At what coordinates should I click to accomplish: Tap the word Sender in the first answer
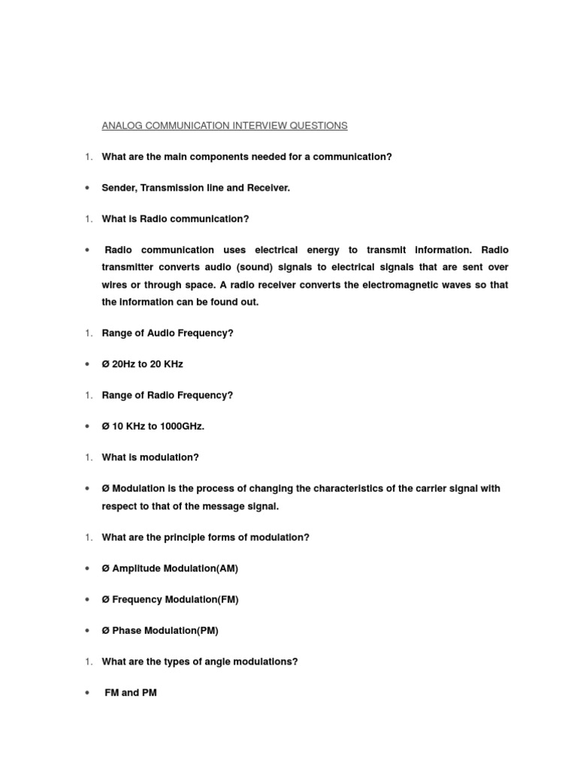(118, 188)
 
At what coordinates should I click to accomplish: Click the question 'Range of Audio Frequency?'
(168, 333)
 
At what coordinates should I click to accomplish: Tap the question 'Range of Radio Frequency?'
(168, 396)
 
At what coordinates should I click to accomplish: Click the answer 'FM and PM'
(131, 693)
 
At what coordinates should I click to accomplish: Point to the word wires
(116, 285)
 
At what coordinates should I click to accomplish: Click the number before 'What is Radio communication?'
(88, 219)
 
